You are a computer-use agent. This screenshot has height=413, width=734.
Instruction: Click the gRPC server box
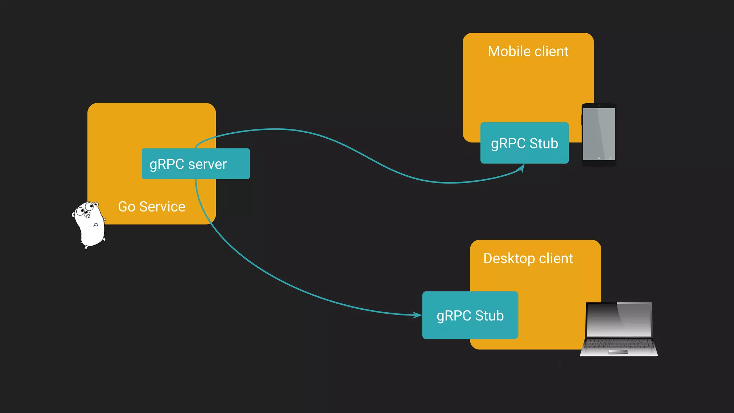(x=195, y=163)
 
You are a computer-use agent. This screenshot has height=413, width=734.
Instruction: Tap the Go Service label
(x=152, y=207)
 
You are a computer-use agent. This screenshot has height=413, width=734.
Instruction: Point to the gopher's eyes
(x=85, y=209)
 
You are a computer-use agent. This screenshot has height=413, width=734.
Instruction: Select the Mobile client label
(x=528, y=52)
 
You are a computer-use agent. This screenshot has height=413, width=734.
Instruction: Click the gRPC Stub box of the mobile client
(x=524, y=143)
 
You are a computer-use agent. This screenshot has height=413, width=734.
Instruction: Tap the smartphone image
(x=599, y=134)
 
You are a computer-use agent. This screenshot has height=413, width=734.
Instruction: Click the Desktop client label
(x=528, y=258)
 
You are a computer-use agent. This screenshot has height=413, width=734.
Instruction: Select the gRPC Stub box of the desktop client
(x=470, y=315)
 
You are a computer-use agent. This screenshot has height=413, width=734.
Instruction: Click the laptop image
(x=619, y=329)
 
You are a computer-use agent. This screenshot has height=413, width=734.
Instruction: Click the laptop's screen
(x=619, y=319)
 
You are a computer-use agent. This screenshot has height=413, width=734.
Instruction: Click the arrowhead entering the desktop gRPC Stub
(x=417, y=315)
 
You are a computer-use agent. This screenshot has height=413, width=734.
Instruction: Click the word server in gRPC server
(x=207, y=164)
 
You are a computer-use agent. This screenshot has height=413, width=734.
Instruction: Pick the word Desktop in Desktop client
(x=509, y=258)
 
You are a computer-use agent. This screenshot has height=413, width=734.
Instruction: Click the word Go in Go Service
(x=127, y=207)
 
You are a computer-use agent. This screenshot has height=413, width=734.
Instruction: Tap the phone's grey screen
(x=599, y=133)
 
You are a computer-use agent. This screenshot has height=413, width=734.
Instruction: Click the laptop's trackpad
(x=618, y=352)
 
